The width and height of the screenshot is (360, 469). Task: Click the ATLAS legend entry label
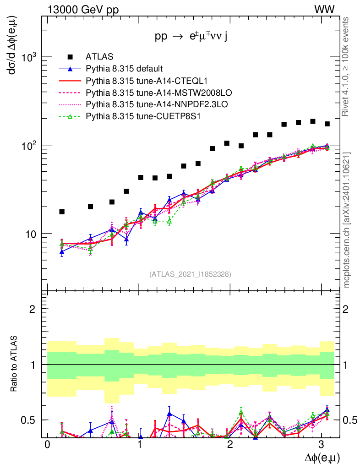click(96, 57)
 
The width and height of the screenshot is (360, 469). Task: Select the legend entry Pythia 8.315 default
click(124, 69)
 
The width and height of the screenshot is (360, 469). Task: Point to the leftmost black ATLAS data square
click(62, 212)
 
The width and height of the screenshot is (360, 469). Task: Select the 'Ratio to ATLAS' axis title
click(15, 364)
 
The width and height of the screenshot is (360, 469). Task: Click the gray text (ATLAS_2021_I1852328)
click(190, 274)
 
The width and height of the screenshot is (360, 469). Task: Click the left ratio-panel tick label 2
click(33, 309)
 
